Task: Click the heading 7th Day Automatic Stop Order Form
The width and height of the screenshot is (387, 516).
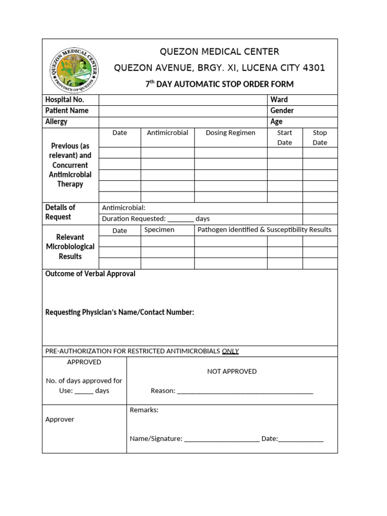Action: coord(219,84)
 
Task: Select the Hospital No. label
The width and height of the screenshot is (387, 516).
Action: coord(64,100)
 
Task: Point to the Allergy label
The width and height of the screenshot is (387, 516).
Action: coord(56,122)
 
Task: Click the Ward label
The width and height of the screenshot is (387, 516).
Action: coord(279,100)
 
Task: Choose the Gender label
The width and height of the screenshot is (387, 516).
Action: coord(282,111)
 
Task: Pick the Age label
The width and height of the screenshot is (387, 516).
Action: coord(276,122)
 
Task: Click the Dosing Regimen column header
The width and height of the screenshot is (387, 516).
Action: coord(230,133)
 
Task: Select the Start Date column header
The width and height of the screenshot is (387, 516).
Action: coord(285,138)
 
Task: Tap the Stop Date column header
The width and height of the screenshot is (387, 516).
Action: coord(320,138)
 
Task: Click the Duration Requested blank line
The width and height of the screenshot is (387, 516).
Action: coord(180,220)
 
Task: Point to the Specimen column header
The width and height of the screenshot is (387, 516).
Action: coord(159,230)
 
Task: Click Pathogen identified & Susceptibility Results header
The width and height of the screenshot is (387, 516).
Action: coord(264,230)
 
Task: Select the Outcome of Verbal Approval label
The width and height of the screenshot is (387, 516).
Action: coord(90,274)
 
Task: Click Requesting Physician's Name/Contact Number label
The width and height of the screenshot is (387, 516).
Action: coord(119,312)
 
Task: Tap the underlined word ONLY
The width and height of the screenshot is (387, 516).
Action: coord(230,351)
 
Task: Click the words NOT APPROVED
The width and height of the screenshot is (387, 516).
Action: coord(232,371)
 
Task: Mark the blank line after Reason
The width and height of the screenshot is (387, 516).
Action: coord(245,392)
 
